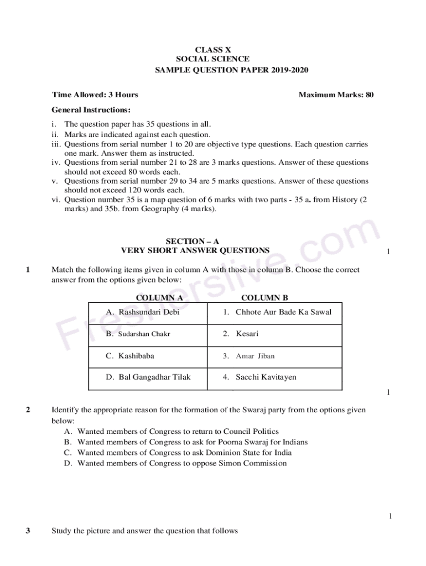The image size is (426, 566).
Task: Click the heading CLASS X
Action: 212,49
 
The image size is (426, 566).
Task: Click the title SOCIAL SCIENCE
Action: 212,59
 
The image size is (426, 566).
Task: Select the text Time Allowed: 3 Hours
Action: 95,95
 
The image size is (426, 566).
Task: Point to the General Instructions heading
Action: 91,110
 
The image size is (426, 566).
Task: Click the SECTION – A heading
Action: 193,241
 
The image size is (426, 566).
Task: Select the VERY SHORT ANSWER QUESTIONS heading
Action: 195,250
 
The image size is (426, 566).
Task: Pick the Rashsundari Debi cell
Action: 143,312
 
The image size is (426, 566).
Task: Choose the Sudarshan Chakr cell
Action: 138,334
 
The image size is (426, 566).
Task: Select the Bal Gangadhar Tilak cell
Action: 148,377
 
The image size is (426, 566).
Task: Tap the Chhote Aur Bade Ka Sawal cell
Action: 277,312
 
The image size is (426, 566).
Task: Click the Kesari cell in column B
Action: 241,334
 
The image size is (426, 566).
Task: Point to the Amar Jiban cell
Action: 249,356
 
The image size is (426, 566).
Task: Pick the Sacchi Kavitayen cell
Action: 259,377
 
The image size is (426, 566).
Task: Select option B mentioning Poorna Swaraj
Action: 186,442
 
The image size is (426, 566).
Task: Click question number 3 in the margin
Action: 28,531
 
